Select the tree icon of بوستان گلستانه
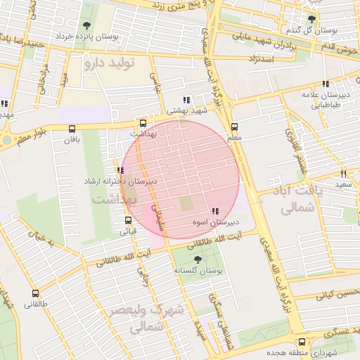point(196,260)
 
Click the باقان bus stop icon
point(72,129)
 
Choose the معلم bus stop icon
point(234,127)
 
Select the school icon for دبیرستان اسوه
point(214,211)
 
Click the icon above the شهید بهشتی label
point(186,100)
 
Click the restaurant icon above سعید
point(343,173)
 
